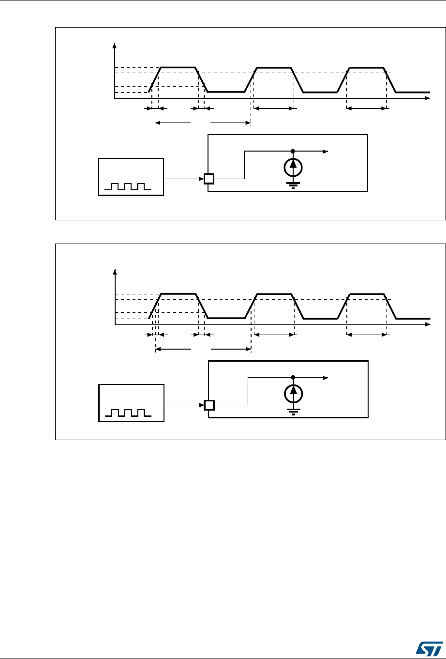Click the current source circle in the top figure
coord(293,167)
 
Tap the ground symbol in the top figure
coord(293,184)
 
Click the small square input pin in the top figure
coord(208,179)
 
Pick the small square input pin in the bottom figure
coord(208,405)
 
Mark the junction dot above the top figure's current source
coord(293,151)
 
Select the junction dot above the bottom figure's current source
coord(293,377)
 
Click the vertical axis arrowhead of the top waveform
coord(115,46)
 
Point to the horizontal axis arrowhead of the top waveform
coord(428,98)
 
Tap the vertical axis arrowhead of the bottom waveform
coord(115,272)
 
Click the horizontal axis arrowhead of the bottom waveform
coord(428,324)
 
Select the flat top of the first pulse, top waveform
coord(178,67)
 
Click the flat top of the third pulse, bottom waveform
coord(367,294)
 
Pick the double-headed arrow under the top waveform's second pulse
coord(273,109)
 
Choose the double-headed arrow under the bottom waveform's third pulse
coord(367,335)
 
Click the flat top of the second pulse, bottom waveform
coord(274,294)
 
